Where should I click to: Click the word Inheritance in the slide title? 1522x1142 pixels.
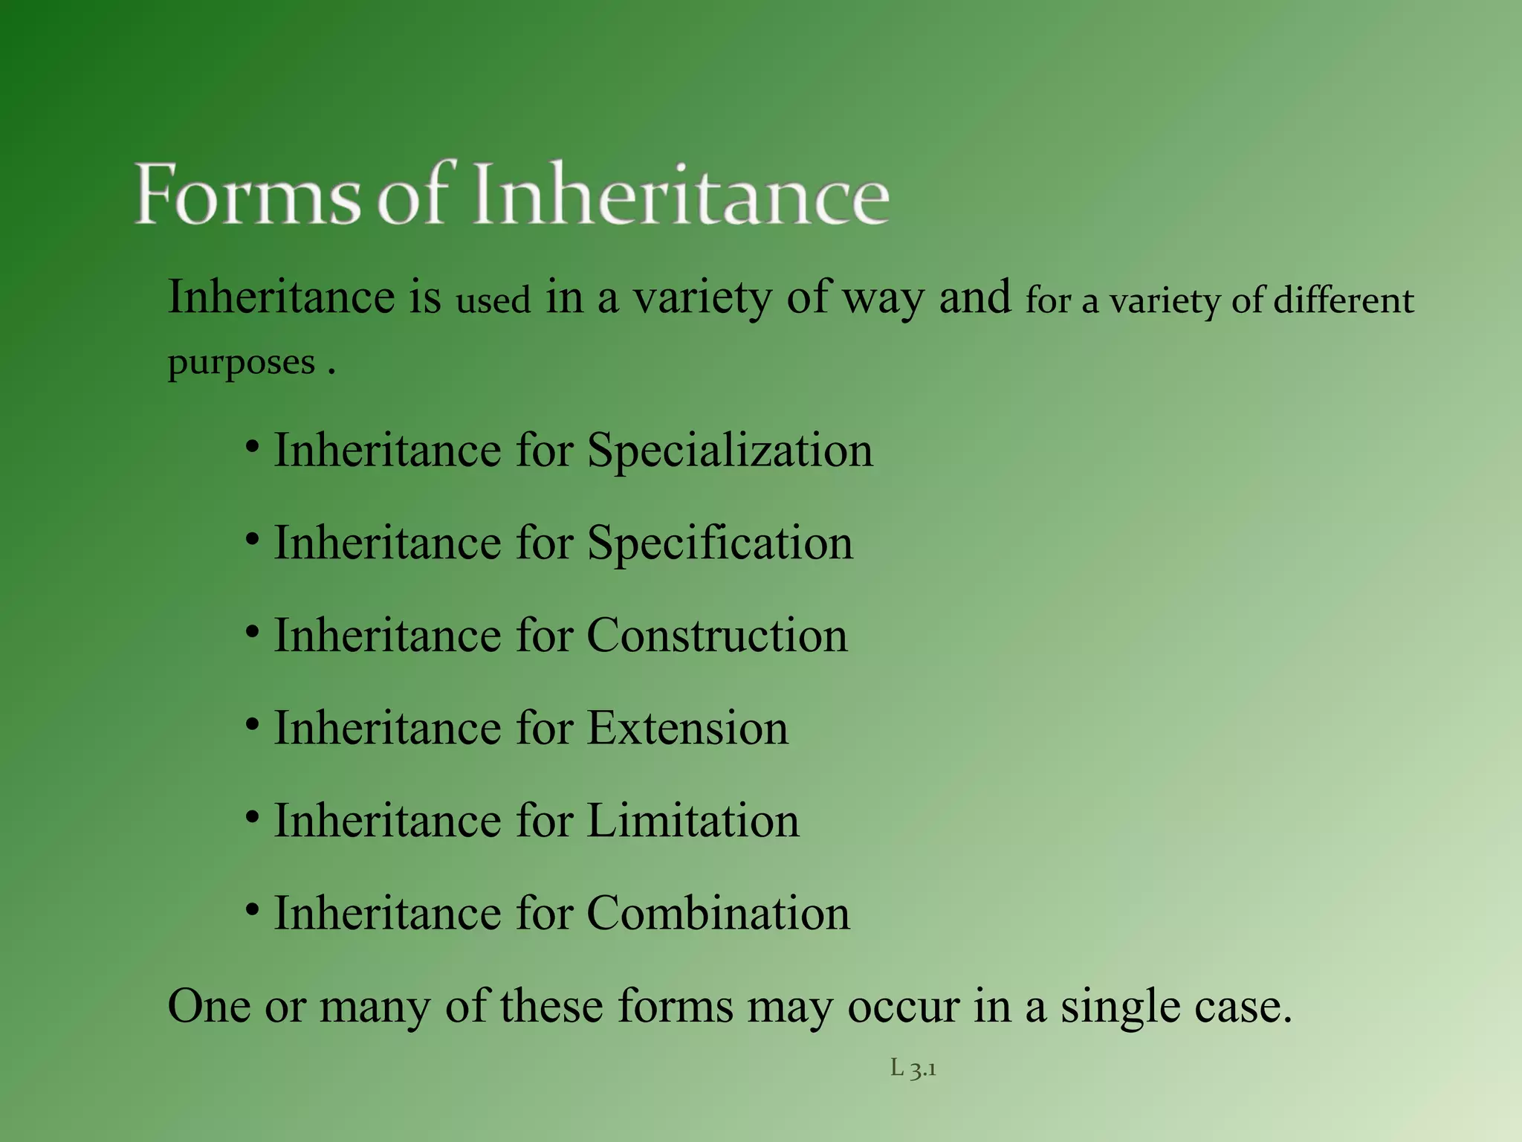click(681, 195)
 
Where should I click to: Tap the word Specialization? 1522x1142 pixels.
click(730, 451)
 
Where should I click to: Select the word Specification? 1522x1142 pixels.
click(719, 543)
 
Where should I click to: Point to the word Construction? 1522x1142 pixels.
click(716, 636)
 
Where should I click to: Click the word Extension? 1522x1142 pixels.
click(687, 729)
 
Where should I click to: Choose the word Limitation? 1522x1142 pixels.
click(693, 822)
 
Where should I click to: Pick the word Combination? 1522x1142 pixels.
click(718, 914)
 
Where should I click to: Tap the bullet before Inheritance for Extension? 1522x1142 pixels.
click(253, 725)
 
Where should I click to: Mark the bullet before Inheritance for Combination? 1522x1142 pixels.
click(253, 910)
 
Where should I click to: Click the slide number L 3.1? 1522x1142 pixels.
click(913, 1069)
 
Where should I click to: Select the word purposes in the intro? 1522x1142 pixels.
click(242, 364)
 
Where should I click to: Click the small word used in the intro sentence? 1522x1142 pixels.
click(493, 300)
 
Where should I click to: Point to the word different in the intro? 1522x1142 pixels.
click(1344, 300)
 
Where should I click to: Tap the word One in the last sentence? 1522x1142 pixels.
click(209, 1007)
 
